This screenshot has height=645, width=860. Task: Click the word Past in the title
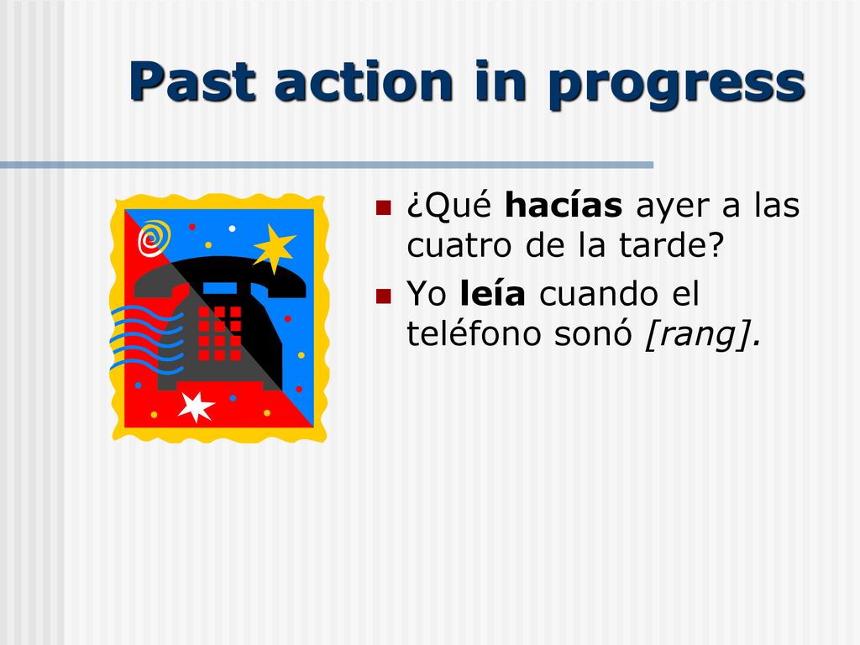pos(193,81)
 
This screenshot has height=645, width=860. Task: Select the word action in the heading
pos(364,81)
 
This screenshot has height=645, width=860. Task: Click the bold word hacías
pos(564,205)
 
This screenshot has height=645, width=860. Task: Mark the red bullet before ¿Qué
pos(383,207)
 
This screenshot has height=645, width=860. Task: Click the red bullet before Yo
pos(383,296)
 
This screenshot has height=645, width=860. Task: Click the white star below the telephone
pos(196,406)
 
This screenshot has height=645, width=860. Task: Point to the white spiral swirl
pos(153,239)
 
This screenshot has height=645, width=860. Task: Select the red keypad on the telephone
pos(219,333)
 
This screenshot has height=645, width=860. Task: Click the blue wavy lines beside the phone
pos(145,339)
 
